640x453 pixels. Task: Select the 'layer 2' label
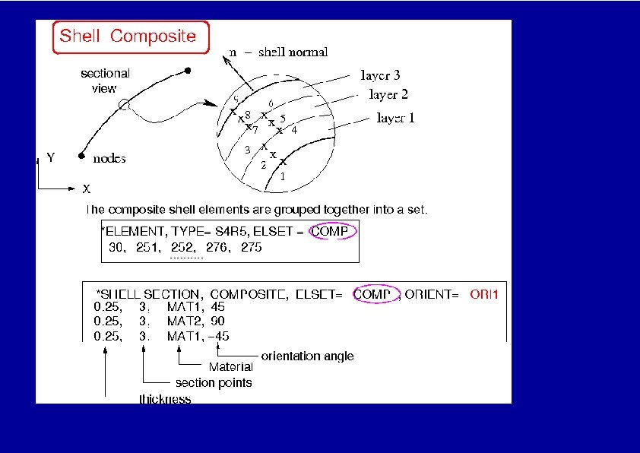click(388, 94)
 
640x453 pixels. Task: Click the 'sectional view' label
click(105, 81)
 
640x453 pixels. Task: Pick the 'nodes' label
click(109, 159)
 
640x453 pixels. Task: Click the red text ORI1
click(484, 294)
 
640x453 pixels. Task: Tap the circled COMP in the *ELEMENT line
click(333, 232)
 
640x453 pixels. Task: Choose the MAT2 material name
click(184, 322)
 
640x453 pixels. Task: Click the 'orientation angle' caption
click(307, 356)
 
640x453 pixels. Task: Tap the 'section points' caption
click(214, 382)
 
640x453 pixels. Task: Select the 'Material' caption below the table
click(231, 367)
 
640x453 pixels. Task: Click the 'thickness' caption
click(165, 398)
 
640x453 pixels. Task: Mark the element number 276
click(216, 247)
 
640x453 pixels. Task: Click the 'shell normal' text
click(293, 52)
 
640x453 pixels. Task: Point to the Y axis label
click(50, 158)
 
